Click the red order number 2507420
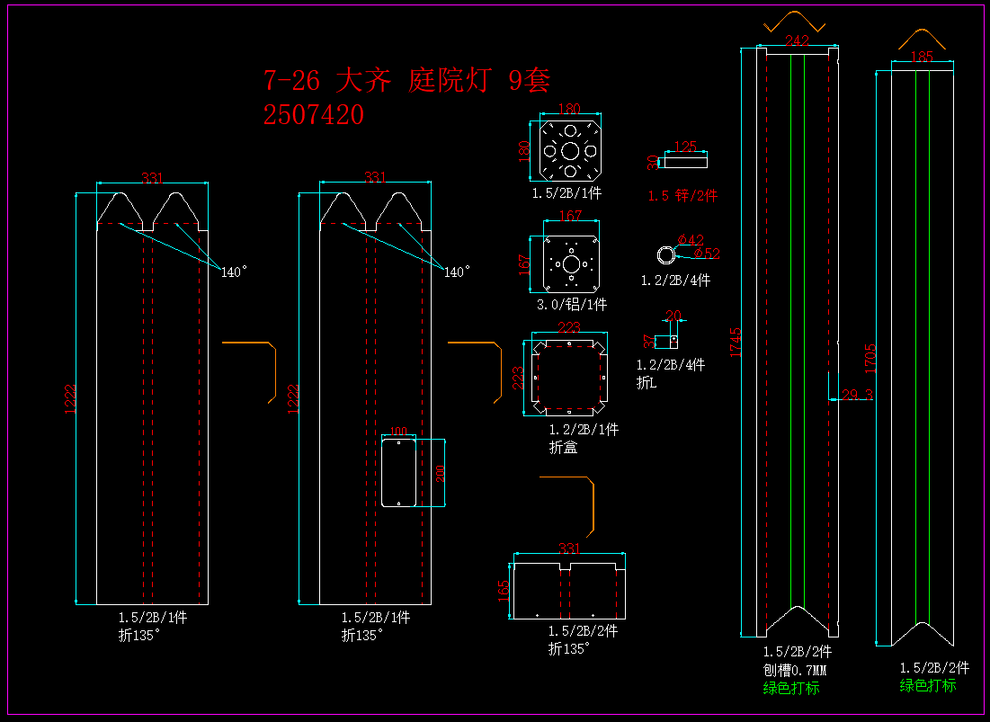(314, 115)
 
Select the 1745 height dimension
(736, 343)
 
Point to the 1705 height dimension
(870, 357)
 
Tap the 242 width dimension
(797, 40)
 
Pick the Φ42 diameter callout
(691, 239)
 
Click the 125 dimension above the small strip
(685, 147)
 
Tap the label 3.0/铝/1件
(571, 304)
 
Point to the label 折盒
(563, 447)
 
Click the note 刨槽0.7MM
(795, 670)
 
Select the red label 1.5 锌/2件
(682, 196)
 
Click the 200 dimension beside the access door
(441, 473)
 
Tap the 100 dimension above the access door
(397, 432)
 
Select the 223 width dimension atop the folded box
(568, 327)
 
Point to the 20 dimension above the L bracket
(673, 316)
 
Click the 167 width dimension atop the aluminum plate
(570, 216)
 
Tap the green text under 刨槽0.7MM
(791, 688)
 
